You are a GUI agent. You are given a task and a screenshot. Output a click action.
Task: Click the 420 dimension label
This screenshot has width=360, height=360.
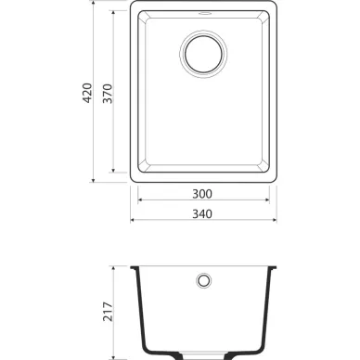87,93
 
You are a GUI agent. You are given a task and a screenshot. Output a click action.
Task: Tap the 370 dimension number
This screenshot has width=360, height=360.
108,94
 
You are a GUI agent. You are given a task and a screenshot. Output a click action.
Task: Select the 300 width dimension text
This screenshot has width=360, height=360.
202,194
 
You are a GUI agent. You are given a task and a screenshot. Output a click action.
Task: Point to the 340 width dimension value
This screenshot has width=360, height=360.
202,213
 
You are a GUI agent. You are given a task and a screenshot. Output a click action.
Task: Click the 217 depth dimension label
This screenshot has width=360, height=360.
108,312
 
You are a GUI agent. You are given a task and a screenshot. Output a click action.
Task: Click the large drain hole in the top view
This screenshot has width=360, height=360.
203,54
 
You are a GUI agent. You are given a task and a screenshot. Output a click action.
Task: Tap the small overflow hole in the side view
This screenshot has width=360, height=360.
203,281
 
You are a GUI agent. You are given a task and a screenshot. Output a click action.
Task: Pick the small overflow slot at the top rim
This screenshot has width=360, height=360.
205,13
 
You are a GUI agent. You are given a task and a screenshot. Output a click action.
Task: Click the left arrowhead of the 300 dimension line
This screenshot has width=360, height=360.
140,199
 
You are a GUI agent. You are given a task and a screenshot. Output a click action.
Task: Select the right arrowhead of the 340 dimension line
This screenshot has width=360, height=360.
275,220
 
